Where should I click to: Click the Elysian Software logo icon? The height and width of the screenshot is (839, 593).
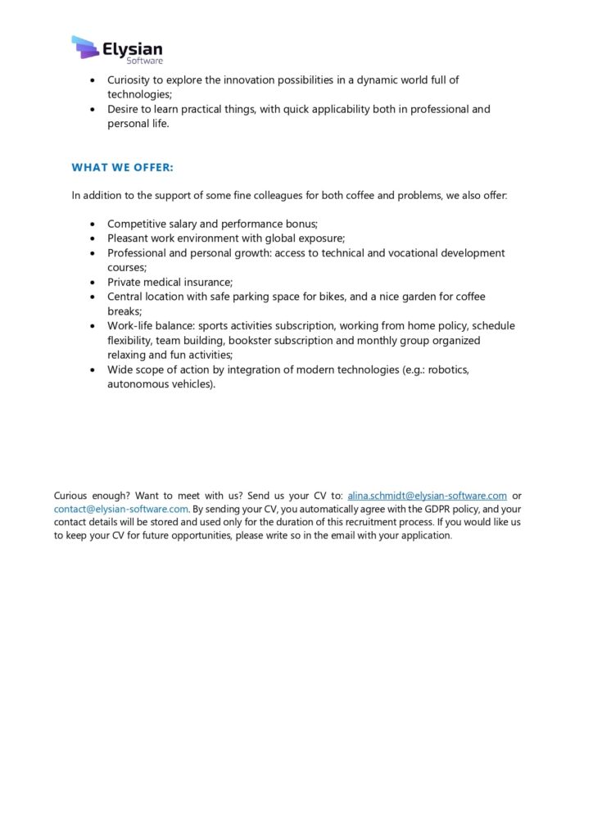85,47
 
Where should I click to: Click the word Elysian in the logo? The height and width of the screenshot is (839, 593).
133,48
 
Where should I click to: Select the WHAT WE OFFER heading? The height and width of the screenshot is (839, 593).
123,168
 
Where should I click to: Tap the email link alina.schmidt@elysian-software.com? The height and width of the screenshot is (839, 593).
427,496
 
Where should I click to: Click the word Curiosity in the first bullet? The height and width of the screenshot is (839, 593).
131,80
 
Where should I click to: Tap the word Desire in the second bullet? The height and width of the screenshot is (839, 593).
124,109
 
